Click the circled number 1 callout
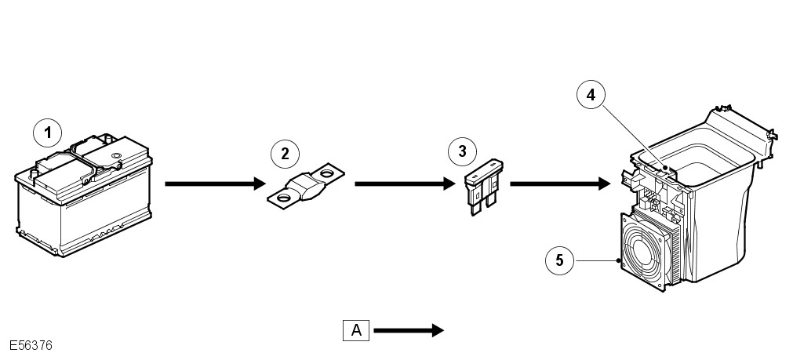coord(48,133)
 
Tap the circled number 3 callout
coord(462,150)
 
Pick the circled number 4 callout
coord(590,95)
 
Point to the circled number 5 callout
coord(559,260)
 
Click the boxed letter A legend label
coord(356,330)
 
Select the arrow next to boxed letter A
coord(409,330)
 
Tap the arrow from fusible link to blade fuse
coord(405,184)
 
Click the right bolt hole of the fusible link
coord(329,172)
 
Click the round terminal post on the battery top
coord(116,158)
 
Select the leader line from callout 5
coord(596,260)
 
